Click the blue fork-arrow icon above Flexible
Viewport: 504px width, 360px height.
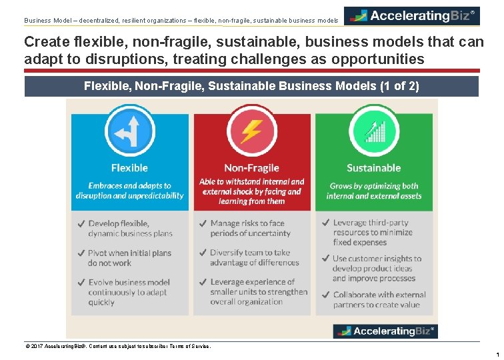129,131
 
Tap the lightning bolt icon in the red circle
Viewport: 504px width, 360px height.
251,131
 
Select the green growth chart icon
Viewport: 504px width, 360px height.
373,131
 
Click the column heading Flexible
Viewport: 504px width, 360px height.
129,168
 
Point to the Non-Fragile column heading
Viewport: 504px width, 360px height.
251,168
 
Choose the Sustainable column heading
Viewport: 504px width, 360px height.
373,168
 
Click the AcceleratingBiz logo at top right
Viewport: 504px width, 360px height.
412,15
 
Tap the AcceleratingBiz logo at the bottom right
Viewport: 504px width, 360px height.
385,331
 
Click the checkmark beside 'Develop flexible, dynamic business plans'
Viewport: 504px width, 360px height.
80,223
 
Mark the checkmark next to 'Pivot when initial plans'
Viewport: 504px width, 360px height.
80,253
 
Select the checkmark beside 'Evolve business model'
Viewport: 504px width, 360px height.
80,283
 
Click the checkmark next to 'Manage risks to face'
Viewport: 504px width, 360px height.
202,223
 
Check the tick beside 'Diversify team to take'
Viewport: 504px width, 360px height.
202,253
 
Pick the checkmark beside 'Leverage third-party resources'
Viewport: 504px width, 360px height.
324,223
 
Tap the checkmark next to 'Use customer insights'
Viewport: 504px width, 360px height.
324,259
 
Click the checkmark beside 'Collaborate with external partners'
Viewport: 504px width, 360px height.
324,295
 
